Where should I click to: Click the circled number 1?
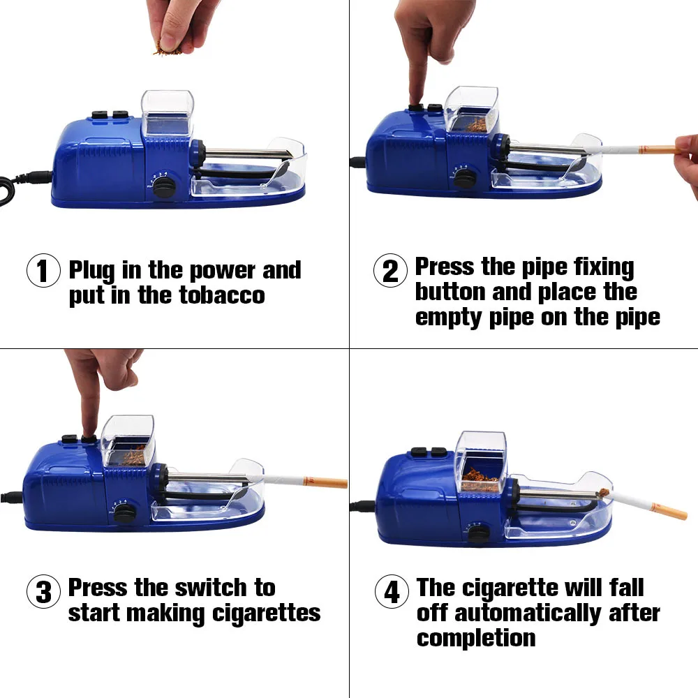coord(43,270)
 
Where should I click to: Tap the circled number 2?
coord(390,270)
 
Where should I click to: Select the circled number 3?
coord(43,592)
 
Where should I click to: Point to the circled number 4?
coord(392,592)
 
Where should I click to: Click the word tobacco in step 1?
coord(222,295)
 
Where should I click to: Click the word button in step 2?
coord(450,292)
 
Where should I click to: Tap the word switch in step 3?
coord(211,588)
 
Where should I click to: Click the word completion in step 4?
coord(476,639)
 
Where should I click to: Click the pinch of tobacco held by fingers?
coord(168,49)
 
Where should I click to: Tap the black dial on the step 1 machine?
coord(163,186)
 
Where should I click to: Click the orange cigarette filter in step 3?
coord(325,482)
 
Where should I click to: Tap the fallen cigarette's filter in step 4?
coord(669,511)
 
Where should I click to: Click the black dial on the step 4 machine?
coord(479,533)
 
